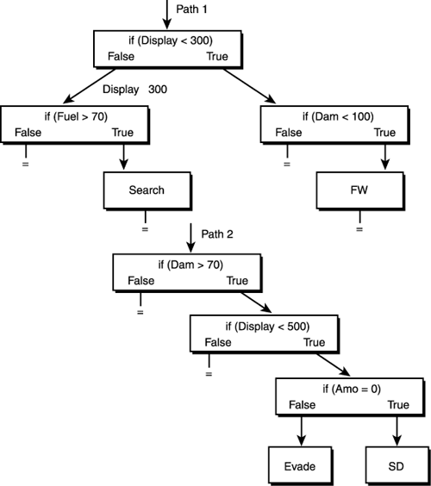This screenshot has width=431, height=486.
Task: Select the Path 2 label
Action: (x=217, y=234)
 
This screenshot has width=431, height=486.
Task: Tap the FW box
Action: (x=359, y=190)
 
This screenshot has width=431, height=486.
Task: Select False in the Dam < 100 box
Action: (x=288, y=133)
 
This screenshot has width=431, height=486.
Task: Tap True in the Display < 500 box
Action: (x=314, y=342)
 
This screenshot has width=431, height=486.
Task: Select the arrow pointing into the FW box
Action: (x=383, y=156)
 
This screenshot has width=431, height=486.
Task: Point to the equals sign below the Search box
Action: (x=145, y=230)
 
